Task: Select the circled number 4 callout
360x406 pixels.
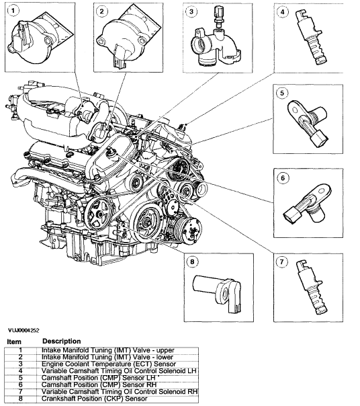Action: click(284, 11)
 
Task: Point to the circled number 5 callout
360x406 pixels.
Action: click(284, 93)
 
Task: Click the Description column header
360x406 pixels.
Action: click(61, 341)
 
